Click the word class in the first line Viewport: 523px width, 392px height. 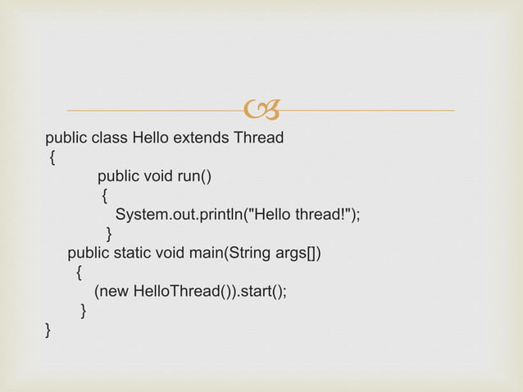pos(109,138)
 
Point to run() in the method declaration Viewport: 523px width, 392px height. pos(195,176)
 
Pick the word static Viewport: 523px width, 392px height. pos(133,253)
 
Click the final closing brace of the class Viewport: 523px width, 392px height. pos(48,330)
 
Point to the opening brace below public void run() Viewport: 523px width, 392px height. pos(104,196)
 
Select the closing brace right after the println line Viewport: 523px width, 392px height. pos(109,234)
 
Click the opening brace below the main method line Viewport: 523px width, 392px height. pos(78,272)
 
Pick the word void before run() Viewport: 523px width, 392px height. pos(158,176)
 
